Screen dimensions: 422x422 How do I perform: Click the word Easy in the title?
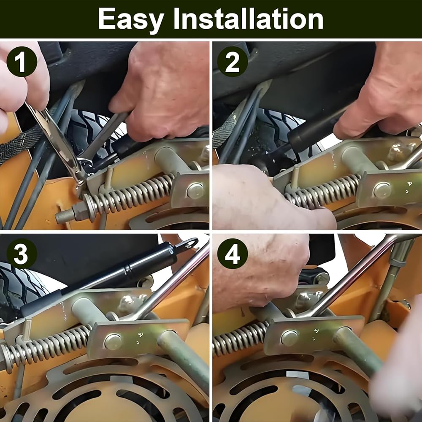coord(131,19)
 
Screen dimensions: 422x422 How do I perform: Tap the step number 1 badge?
coord(22,62)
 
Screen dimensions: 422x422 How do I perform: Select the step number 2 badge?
coord(232,62)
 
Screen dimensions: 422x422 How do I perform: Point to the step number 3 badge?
coord(22,254)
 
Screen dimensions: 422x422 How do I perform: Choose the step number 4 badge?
coord(232,254)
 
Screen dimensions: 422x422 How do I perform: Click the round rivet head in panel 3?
coord(113,342)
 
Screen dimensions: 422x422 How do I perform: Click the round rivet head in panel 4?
coord(289,338)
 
